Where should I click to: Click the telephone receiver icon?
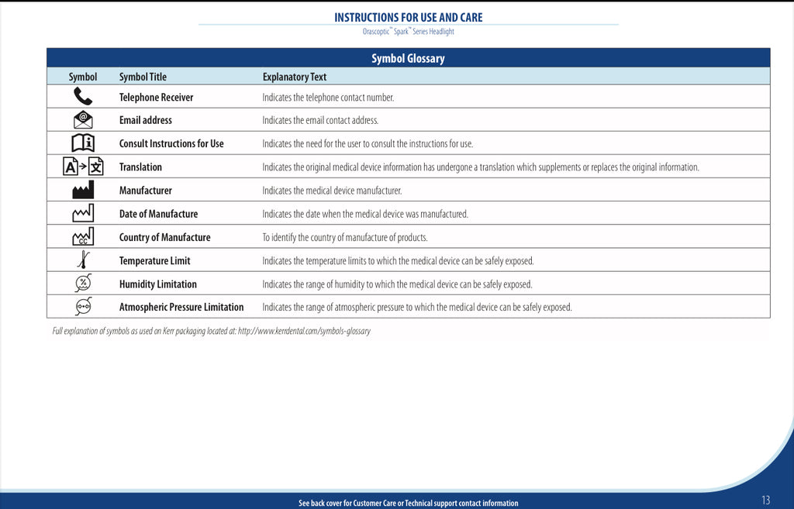[x=83, y=97]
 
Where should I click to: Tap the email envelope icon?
[x=83, y=120]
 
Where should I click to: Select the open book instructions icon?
[x=83, y=143]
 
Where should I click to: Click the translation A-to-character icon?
[x=83, y=167]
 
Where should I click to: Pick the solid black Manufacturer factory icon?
[x=83, y=190]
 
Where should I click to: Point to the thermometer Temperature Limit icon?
[x=83, y=260]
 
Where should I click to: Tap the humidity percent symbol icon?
[x=83, y=284]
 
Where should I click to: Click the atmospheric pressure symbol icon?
[x=83, y=307]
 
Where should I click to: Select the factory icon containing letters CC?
[x=83, y=237]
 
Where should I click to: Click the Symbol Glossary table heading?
[x=408, y=58]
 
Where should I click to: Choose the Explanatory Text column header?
[x=295, y=77]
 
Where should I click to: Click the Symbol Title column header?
[x=143, y=77]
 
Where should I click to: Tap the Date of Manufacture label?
[x=158, y=214]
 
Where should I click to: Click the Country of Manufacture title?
[x=164, y=237]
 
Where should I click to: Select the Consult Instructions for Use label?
[x=171, y=143]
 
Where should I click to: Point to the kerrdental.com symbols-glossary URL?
[x=304, y=332]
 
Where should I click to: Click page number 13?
[x=765, y=500]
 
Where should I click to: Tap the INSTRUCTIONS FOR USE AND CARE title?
[x=408, y=17]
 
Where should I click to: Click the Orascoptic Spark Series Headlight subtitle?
[x=408, y=32]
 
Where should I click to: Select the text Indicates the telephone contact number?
[x=328, y=98]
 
